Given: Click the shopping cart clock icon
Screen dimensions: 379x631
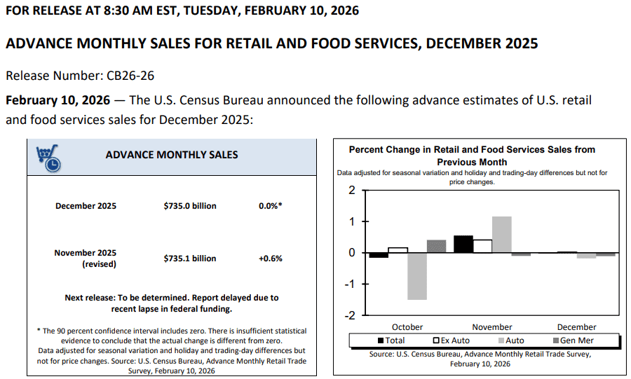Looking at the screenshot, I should coord(47,158).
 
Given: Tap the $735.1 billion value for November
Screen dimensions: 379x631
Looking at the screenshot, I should coord(190,259).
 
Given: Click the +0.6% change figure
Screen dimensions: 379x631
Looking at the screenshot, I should coord(271,259).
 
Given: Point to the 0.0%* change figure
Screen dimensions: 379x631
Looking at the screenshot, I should coord(271,206).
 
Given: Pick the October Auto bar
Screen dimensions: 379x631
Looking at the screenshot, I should coord(417,276).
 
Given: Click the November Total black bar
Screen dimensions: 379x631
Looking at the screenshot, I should coord(463,244).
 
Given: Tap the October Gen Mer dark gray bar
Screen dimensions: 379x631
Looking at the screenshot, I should coord(436,246).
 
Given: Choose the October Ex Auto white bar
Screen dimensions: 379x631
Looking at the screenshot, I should coord(398,249).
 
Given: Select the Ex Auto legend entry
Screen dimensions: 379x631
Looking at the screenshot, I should coord(452,340).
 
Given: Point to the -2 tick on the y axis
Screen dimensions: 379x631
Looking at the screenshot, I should coord(351,315).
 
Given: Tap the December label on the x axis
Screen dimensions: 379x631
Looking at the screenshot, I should coord(576,327).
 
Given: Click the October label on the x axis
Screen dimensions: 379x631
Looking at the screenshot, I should coord(407,327).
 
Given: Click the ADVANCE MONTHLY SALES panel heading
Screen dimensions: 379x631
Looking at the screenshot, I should coord(172,155).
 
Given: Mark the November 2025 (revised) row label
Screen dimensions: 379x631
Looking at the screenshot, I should coord(86,259).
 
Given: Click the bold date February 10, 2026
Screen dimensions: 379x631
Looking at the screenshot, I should coord(57,100).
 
